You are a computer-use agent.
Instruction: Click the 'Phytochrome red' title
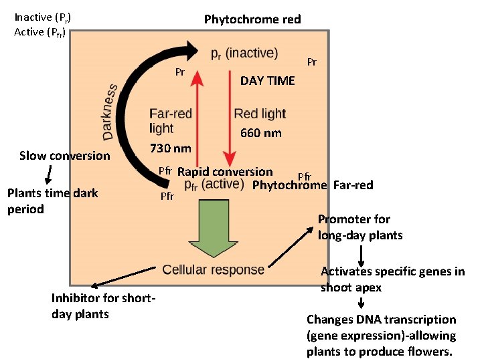(x=252, y=19)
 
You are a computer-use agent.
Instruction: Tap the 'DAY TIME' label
(x=267, y=81)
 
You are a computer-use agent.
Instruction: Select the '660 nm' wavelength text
(x=260, y=133)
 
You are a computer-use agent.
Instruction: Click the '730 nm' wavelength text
(x=170, y=148)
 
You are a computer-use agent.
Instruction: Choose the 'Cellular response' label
(x=214, y=270)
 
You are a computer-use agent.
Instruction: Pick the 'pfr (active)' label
(x=214, y=185)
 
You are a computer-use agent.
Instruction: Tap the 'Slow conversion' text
(x=64, y=156)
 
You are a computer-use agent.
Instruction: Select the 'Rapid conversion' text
(x=225, y=172)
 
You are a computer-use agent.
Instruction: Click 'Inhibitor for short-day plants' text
(x=103, y=306)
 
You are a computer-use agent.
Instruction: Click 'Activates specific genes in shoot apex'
(x=392, y=279)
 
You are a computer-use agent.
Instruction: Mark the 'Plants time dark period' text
(x=52, y=201)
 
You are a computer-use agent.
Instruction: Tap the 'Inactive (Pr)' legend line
(x=42, y=17)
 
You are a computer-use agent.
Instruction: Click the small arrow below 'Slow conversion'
(x=47, y=174)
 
